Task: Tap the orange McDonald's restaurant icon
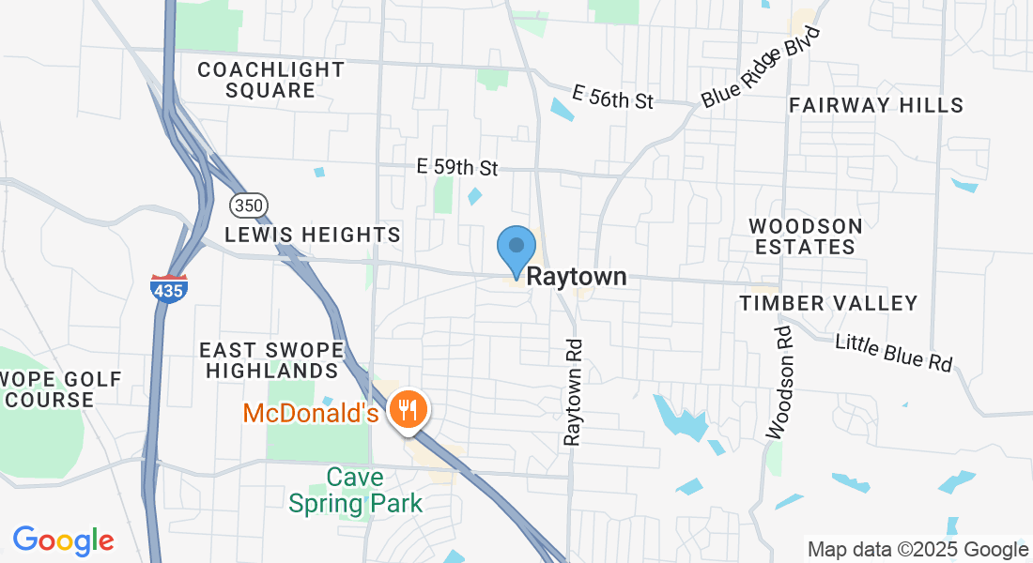408,410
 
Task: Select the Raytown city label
576,278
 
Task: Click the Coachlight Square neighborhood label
270,81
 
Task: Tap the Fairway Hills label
876,105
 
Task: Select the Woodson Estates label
806,236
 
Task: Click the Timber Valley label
828,303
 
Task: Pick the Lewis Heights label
313,234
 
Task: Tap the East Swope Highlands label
271,360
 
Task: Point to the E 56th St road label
612,97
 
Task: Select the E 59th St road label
457,168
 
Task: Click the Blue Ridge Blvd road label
761,67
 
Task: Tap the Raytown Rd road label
573,391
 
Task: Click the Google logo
63,540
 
